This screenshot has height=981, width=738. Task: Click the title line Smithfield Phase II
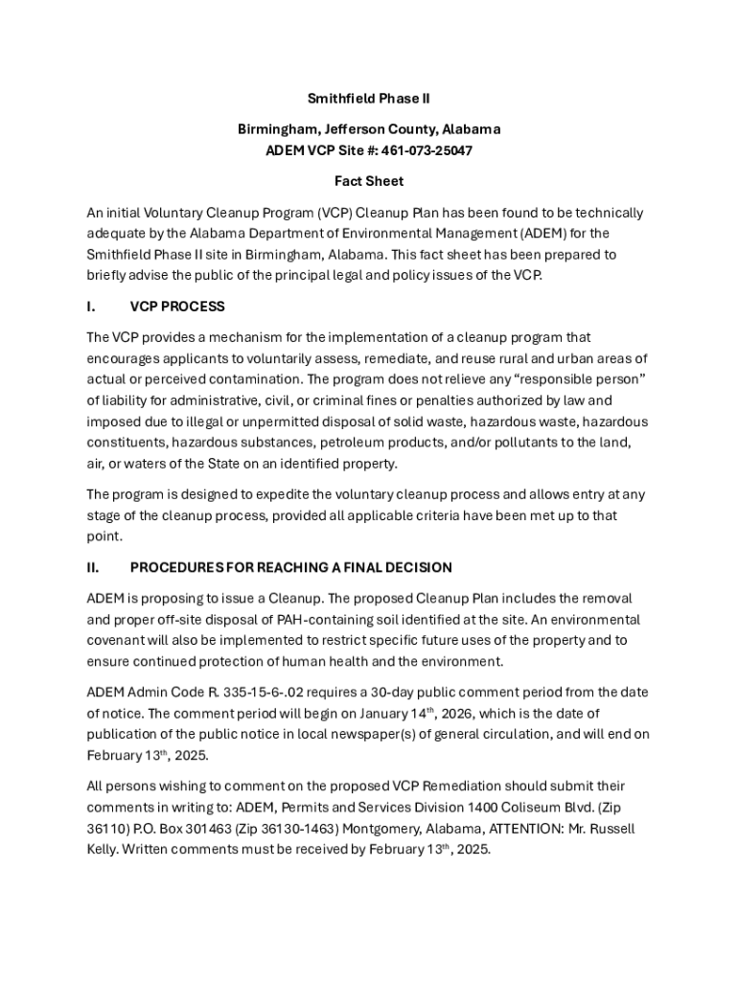pyautogui.click(x=369, y=99)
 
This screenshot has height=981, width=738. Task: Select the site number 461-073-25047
pyautogui.click(x=427, y=150)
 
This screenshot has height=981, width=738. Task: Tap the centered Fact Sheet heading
pyautogui.click(x=369, y=181)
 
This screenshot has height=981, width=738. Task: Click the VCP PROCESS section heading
pyautogui.click(x=177, y=307)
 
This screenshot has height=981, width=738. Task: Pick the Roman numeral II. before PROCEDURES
pyautogui.click(x=93, y=567)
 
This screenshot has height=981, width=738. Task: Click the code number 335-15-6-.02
pyautogui.click(x=280, y=693)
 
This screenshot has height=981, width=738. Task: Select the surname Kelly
pyautogui.click(x=103, y=850)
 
